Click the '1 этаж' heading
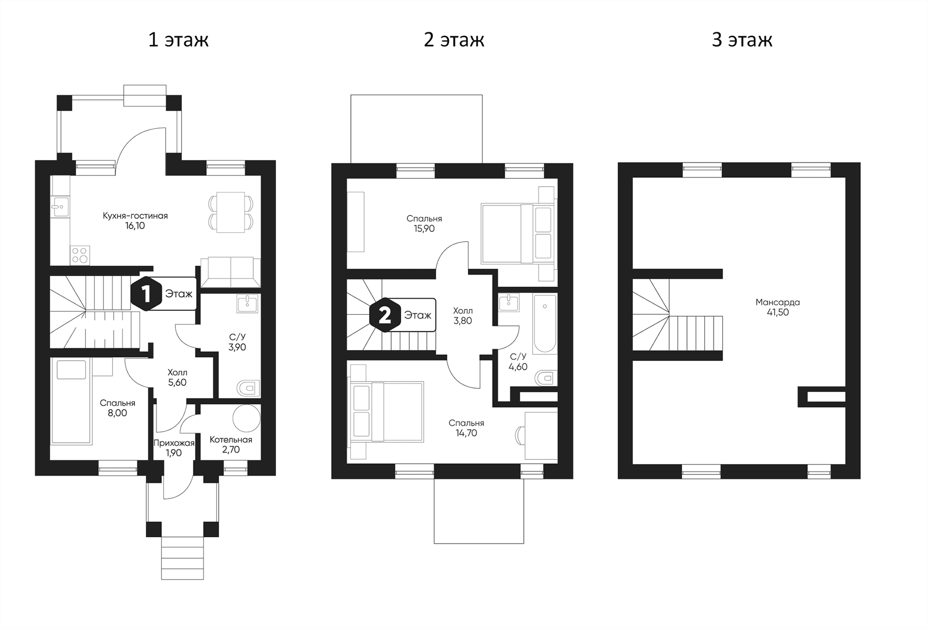coord(178,40)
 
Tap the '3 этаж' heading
coord(742,40)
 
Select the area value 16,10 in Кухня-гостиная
coord(135,226)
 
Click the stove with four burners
coord(80,255)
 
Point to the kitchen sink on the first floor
coord(60,206)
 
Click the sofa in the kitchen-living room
coord(231,272)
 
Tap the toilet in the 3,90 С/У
coord(248,388)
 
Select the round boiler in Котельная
coord(246,418)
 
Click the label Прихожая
coord(174,443)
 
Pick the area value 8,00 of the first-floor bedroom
coord(117,413)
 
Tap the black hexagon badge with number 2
coord(385,315)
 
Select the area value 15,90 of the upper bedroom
coord(424,229)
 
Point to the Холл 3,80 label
coord(463,316)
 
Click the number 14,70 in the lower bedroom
coord(466,433)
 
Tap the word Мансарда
coord(778,302)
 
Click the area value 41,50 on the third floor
coord(778,312)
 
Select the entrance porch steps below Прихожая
coord(182,558)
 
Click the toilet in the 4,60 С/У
coord(547,378)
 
